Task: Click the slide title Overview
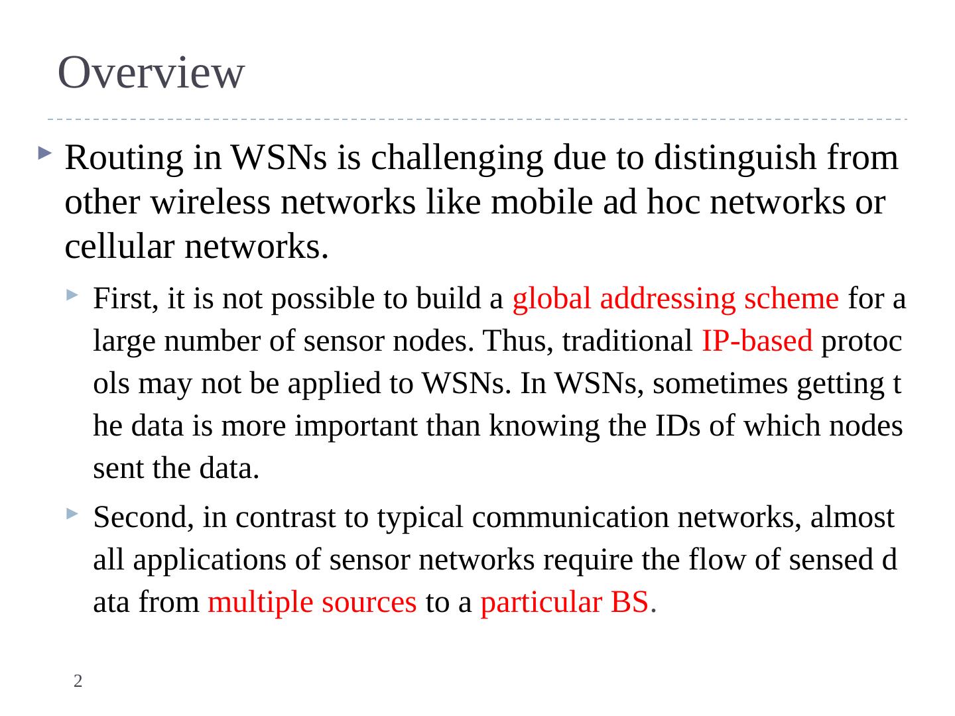[151, 72]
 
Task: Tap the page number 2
[78, 681]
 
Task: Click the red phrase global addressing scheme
[675, 299]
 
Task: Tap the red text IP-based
[756, 341]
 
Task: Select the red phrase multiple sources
[312, 603]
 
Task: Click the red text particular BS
[564, 603]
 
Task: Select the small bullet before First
[72, 295]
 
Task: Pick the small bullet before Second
[72, 513]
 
